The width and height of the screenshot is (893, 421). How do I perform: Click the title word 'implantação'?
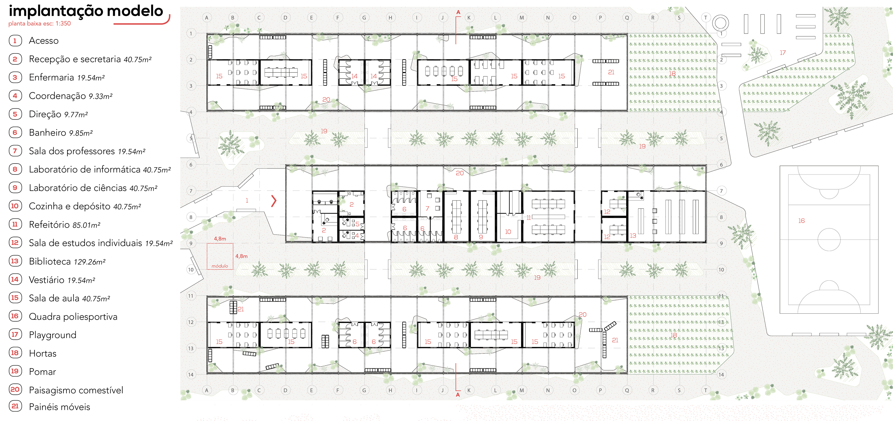[56, 11]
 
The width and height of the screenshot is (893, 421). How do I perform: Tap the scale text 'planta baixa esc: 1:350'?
[39, 24]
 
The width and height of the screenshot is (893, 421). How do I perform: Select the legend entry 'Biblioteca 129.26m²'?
[67, 261]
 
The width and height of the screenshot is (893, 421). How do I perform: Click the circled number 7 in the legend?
[15, 151]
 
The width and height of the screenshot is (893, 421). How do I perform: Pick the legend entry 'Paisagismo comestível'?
[76, 390]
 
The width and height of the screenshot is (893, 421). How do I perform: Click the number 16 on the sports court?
[801, 221]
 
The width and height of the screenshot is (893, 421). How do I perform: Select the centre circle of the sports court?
[829, 239]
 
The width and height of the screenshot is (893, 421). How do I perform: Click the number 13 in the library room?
[633, 236]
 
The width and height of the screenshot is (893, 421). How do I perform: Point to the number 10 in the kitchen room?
[508, 231]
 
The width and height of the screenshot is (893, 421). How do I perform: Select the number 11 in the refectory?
[529, 218]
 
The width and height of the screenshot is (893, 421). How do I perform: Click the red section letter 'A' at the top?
[458, 12]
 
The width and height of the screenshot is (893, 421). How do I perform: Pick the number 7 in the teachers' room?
[427, 208]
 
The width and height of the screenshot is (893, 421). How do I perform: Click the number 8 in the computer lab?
[456, 237]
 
